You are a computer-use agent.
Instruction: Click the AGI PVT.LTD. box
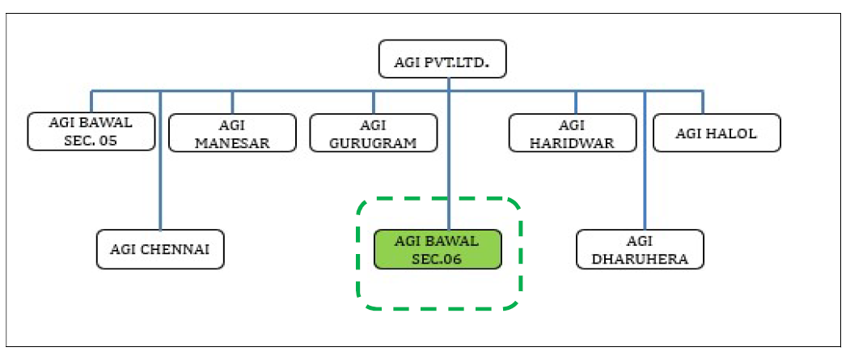pos(442,58)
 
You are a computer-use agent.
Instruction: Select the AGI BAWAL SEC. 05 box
pos(91,132)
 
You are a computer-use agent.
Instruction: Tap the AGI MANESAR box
pos(233,133)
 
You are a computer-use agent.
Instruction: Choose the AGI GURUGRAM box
pos(374,133)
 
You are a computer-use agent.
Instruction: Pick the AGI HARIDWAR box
pos(573,133)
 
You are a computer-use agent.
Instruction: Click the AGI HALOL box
pos(717,133)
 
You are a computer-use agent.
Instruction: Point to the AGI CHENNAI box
pos(160,249)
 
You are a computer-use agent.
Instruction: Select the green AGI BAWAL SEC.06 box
pos(438,249)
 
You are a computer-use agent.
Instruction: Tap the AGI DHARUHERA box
pos(640,249)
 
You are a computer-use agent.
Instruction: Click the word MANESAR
pos(233,143)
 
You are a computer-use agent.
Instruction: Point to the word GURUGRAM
pos(374,143)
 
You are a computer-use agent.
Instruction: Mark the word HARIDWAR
pos(573,143)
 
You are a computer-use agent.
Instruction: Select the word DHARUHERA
pos(640,259)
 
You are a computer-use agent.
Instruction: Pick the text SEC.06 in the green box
pos(437,259)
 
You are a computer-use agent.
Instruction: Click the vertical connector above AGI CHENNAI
pos(160,160)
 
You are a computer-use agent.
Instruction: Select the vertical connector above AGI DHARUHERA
pos(645,160)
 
